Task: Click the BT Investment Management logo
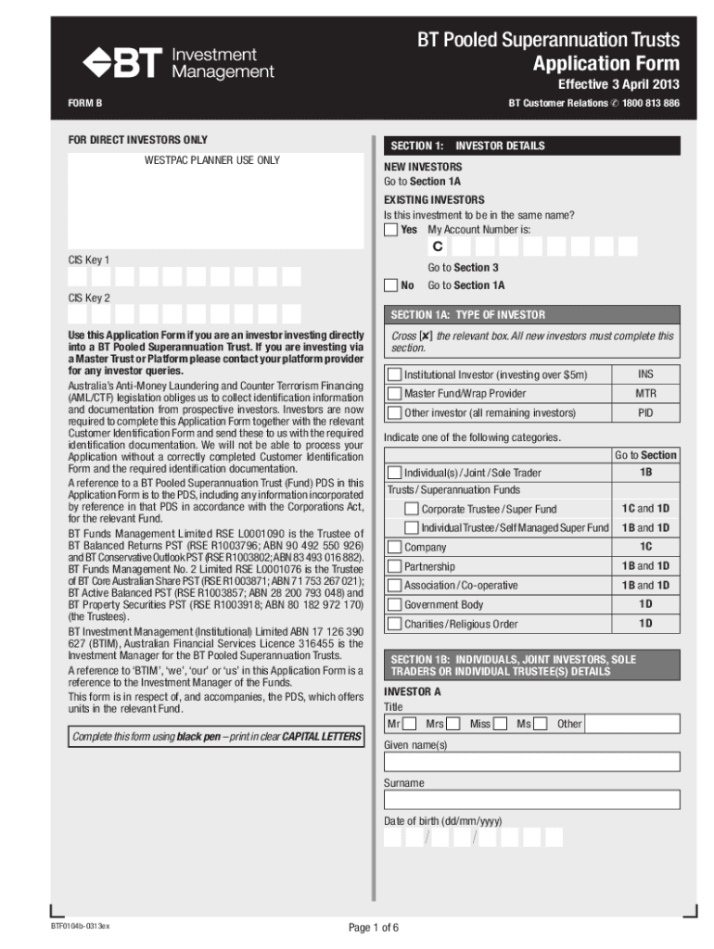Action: click(x=178, y=63)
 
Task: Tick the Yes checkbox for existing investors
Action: click(x=391, y=229)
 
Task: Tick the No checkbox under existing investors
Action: click(x=391, y=285)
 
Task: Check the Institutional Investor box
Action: click(x=394, y=375)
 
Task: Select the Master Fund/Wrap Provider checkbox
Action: click(x=394, y=394)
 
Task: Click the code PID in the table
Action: click(x=645, y=413)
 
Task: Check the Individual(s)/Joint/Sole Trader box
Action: click(x=394, y=473)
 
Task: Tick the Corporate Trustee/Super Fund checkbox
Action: click(x=412, y=509)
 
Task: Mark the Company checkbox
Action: click(x=394, y=547)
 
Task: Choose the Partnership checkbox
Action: click(x=394, y=566)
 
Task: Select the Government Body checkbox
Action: click(x=394, y=604)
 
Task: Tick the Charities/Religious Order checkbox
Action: click(x=394, y=624)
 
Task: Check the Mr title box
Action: click(x=409, y=723)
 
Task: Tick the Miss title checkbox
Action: click(x=500, y=723)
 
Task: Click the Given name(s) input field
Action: click(x=531, y=762)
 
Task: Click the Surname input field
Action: click(x=531, y=800)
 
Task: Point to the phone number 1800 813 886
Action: click(x=651, y=103)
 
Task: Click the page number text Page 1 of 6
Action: click(x=374, y=928)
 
